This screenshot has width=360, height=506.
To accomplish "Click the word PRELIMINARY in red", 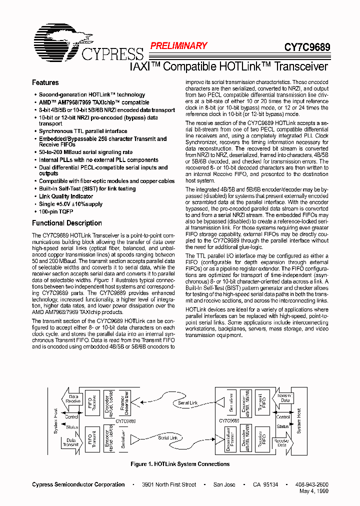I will click(178, 46).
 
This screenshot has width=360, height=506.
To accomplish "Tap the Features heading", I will click(45, 82).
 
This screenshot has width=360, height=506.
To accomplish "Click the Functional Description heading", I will click(67, 223).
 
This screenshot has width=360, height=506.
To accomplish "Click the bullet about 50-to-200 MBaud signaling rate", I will click(85, 152).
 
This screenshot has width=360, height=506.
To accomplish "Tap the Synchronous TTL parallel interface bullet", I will click(83, 131).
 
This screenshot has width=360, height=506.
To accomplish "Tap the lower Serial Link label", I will click(168, 438).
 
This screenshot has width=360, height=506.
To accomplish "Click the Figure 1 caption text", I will click(180, 464).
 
